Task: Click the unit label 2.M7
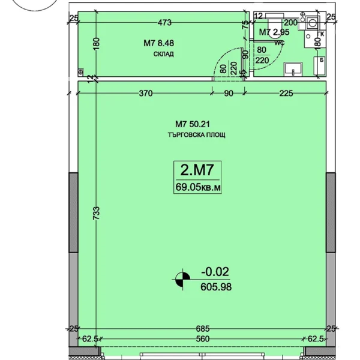(x=197, y=170)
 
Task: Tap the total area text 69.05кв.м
(x=197, y=187)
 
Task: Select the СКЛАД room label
(x=163, y=54)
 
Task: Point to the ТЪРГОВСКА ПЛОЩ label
(x=196, y=135)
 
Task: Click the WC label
(x=280, y=43)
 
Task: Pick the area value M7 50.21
(x=193, y=124)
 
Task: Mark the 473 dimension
(x=164, y=23)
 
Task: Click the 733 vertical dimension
(x=97, y=213)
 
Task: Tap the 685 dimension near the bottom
(x=203, y=329)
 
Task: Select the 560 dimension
(x=203, y=338)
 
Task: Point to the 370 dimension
(x=146, y=93)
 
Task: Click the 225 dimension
(x=286, y=93)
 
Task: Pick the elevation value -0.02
(x=215, y=272)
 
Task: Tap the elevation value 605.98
(x=216, y=287)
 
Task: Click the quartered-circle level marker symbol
(x=183, y=280)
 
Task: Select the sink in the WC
(x=293, y=69)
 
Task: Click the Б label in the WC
(x=322, y=60)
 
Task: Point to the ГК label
(x=321, y=34)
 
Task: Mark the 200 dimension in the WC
(x=290, y=23)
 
